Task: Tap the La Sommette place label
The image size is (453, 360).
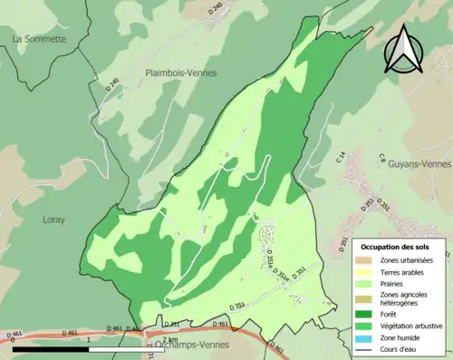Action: [x=39, y=39]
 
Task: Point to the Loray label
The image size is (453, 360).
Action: [x=54, y=219]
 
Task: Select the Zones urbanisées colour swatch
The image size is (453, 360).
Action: [x=364, y=262]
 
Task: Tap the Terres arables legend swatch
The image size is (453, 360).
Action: [x=364, y=273]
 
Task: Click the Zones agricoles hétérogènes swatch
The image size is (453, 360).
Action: [x=364, y=299]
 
